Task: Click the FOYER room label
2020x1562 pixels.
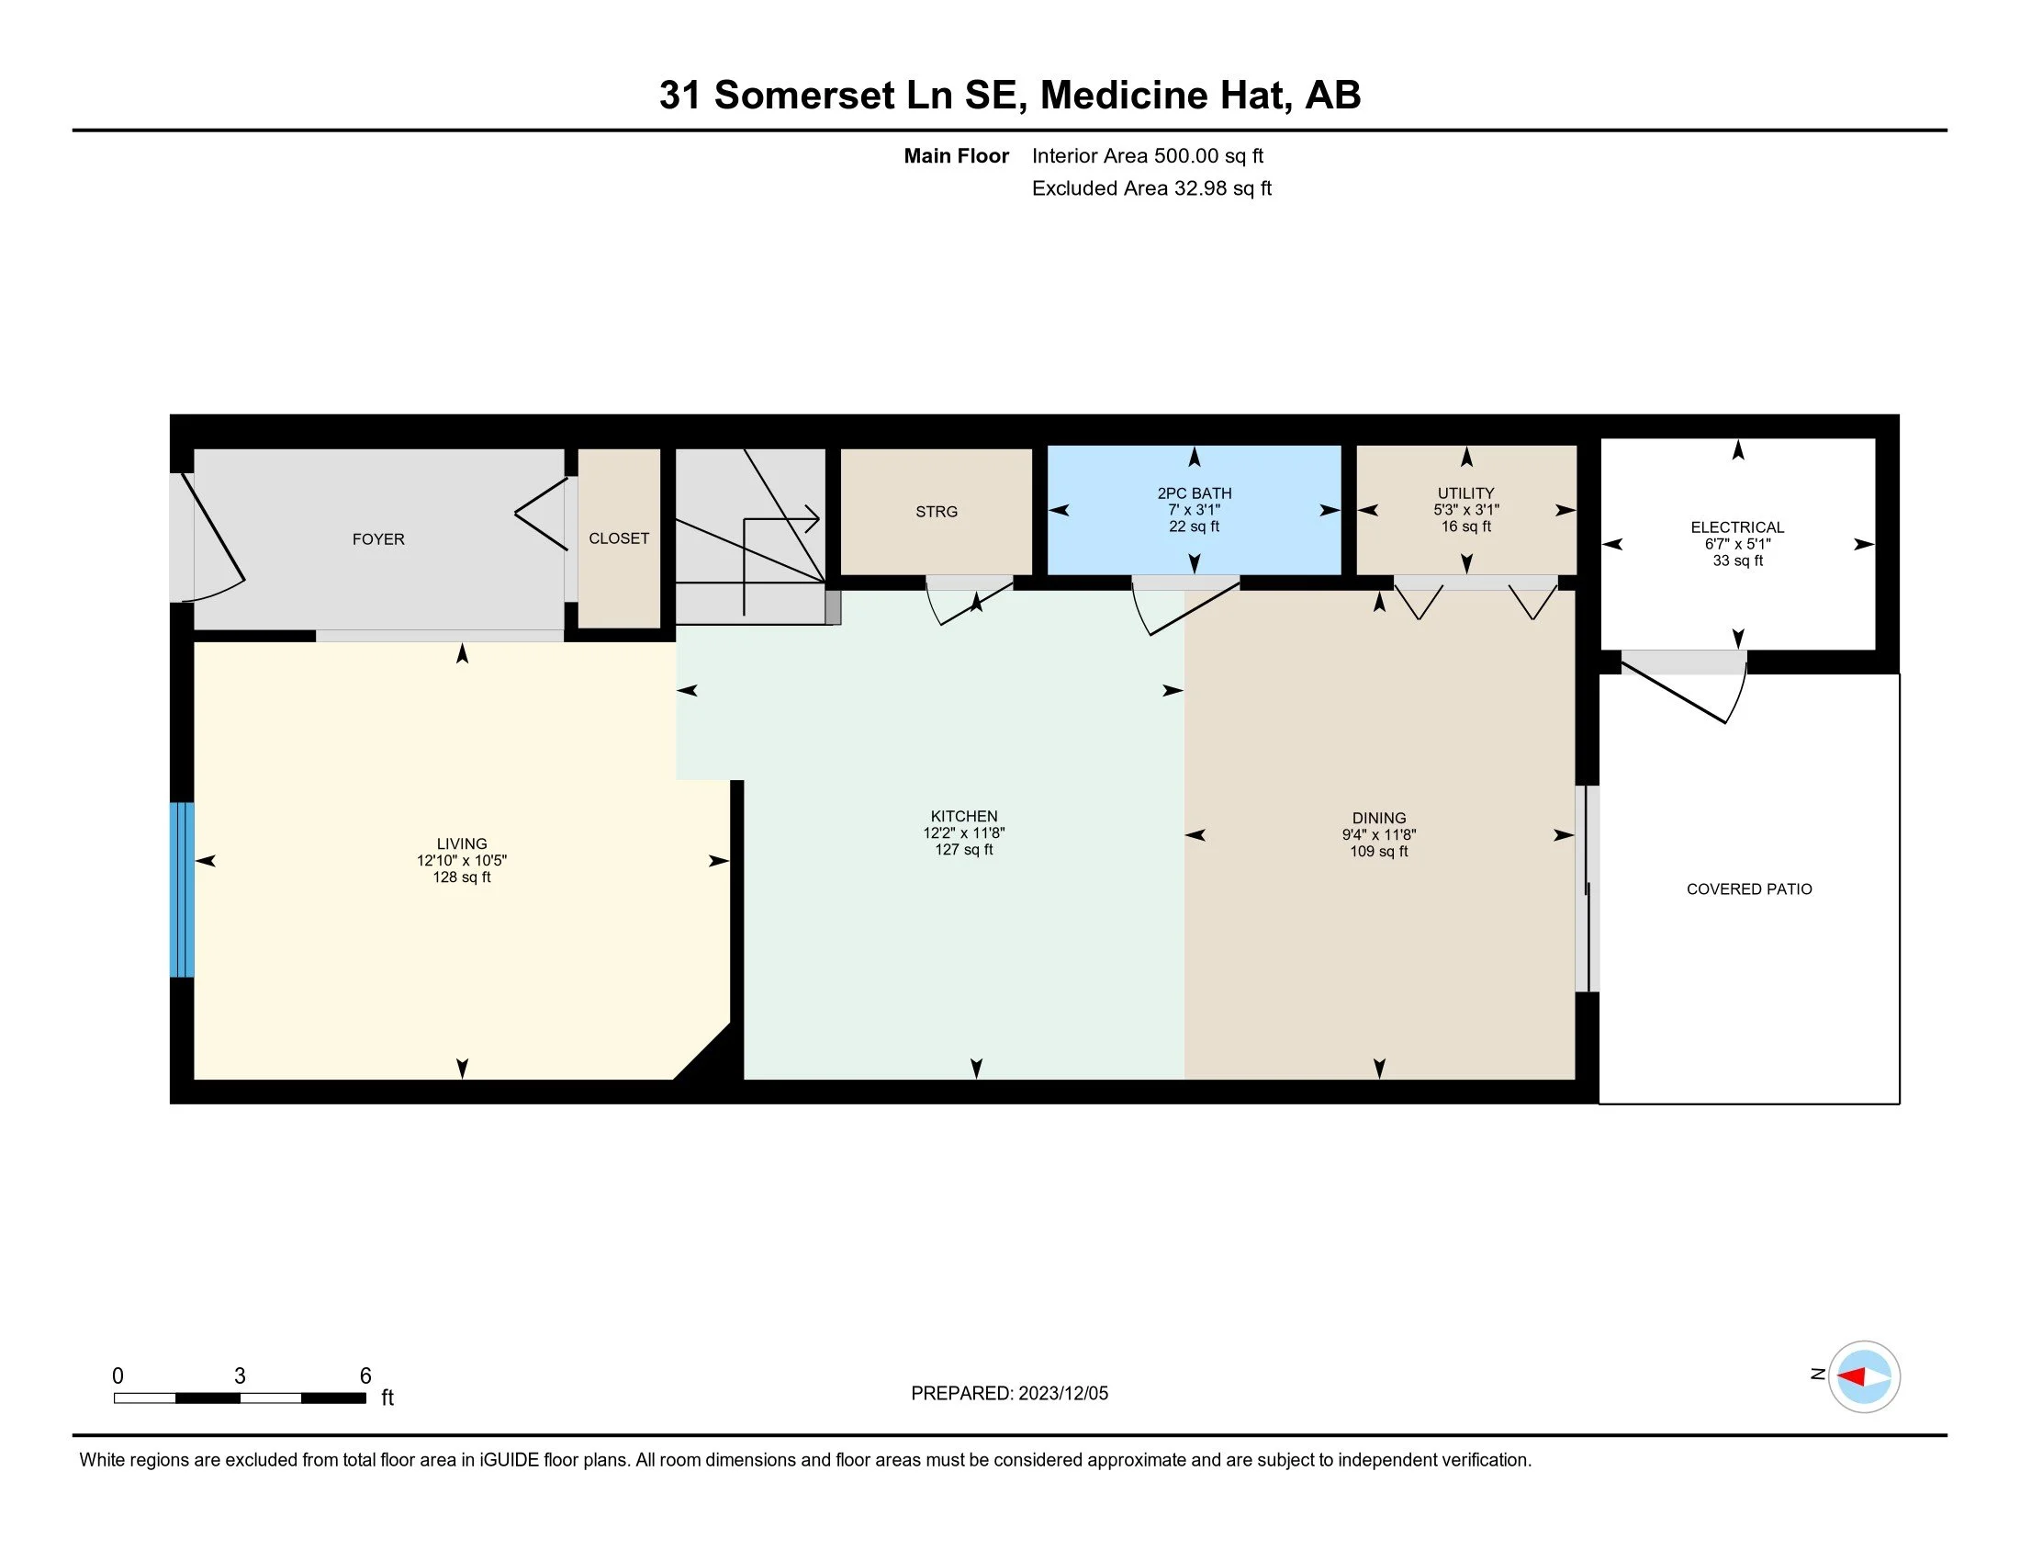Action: point(378,539)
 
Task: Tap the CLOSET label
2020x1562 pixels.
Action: point(619,538)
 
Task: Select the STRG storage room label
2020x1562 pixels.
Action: point(936,512)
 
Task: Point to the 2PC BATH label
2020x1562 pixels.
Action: point(1194,493)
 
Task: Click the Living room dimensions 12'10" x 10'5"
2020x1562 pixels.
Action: point(462,861)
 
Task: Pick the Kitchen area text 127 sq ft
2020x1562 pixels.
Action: point(964,850)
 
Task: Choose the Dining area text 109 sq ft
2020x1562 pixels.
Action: point(1378,852)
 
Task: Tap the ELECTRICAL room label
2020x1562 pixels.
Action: point(1737,527)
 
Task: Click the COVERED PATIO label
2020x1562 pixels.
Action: point(1749,889)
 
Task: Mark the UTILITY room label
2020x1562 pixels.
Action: point(1466,493)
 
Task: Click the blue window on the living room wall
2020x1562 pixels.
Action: point(182,889)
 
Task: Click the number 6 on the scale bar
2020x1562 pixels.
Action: point(365,1376)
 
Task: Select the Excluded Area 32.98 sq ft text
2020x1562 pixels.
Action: point(1151,188)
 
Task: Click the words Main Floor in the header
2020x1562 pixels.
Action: point(957,156)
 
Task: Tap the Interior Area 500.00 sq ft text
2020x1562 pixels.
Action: point(1148,156)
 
